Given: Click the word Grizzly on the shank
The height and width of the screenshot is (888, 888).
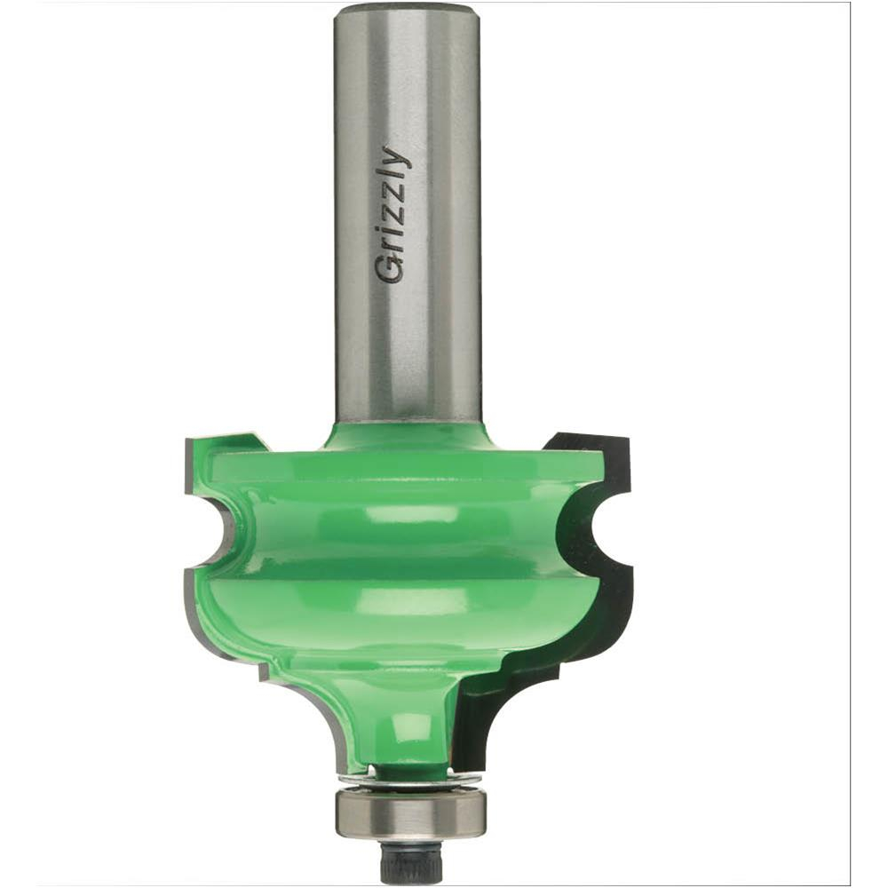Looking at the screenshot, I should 392,214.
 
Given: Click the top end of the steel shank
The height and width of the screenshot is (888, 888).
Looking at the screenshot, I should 408,11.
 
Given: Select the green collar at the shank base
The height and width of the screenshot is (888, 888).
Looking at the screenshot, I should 408,435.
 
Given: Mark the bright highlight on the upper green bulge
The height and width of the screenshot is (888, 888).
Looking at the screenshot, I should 408,515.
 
